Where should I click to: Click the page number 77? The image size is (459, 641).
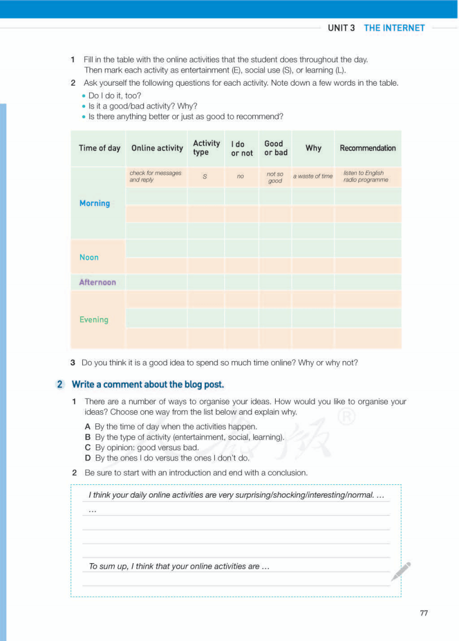coord(424,613)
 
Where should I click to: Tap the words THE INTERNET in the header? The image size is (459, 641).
coord(395,28)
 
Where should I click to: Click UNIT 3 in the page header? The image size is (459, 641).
coord(341,28)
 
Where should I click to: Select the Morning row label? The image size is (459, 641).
coord(95,203)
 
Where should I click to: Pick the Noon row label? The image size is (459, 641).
coord(89,258)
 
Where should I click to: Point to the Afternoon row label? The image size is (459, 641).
coord(98,282)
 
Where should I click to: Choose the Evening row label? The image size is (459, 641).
coord(94,320)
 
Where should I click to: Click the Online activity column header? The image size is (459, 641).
coord(157,148)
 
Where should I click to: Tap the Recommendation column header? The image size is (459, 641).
coord(368,148)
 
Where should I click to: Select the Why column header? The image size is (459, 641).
coord(313,148)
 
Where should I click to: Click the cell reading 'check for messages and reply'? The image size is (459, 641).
coord(156,176)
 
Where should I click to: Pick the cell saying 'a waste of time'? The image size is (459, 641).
coord(313,176)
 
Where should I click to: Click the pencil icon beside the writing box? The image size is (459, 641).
coord(401,571)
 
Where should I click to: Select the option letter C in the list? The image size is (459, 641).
coord(87,447)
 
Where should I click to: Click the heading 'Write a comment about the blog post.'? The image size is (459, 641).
coord(148,385)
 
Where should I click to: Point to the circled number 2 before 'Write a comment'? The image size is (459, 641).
coord(60,385)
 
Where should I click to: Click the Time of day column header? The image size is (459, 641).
coord(99,148)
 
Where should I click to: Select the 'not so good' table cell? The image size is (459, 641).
coord(275,177)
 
